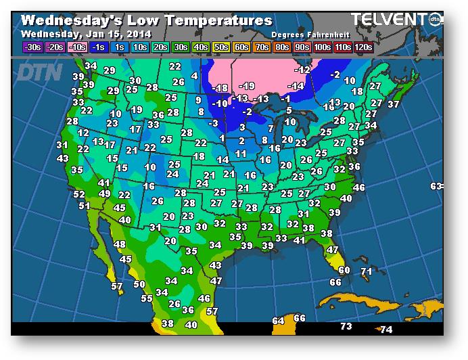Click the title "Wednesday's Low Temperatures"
(x=147, y=21)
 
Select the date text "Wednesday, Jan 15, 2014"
(x=87, y=34)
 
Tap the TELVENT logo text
(x=389, y=20)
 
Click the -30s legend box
(x=32, y=47)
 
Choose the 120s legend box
(x=364, y=47)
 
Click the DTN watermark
(x=40, y=72)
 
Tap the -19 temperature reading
(x=247, y=86)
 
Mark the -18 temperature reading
(x=220, y=89)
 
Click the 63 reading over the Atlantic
(x=436, y=186)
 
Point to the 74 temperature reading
(x=386, y=330)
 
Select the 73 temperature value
(x=346, y=327)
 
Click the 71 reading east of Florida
(x=367, y=271)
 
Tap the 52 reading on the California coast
(x=79, y=195)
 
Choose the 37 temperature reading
(x=394, y=104)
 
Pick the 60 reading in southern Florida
(x=344, y=270)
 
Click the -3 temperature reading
(x=214, y=123)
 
